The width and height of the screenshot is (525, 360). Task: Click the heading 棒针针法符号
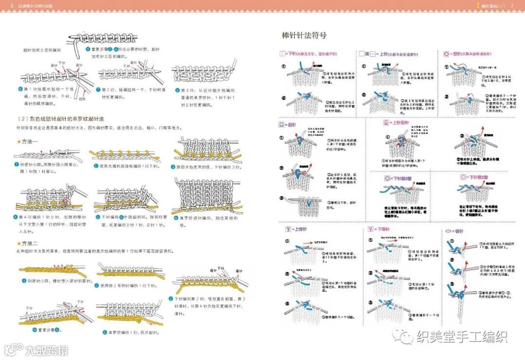click(x=304, y=36)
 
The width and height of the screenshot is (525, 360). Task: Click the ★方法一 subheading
click(x=27, y=142)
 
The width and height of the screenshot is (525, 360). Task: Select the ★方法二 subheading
click(x=27, y=243)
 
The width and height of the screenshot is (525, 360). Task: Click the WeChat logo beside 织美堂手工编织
click(x=403, y=336)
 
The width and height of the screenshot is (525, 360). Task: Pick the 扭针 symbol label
click(x=288, y=125)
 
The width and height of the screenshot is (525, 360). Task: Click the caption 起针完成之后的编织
click(x=43, y=50)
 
